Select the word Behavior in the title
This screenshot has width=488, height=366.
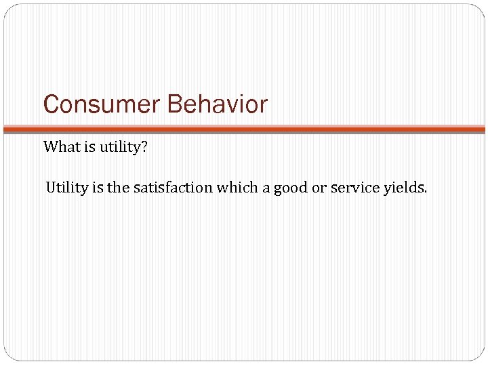217,105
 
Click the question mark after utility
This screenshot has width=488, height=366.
144,147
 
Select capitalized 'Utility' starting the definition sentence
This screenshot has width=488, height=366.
66,188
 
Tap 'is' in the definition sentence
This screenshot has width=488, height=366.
98,188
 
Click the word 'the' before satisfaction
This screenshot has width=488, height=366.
119,188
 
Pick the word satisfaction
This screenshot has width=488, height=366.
173,188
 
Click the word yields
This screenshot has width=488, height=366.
404,188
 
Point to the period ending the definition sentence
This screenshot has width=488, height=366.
426,192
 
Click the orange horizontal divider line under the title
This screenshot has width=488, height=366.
244,128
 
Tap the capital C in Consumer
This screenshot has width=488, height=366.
51,105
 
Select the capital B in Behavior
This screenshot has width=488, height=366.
174,105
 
